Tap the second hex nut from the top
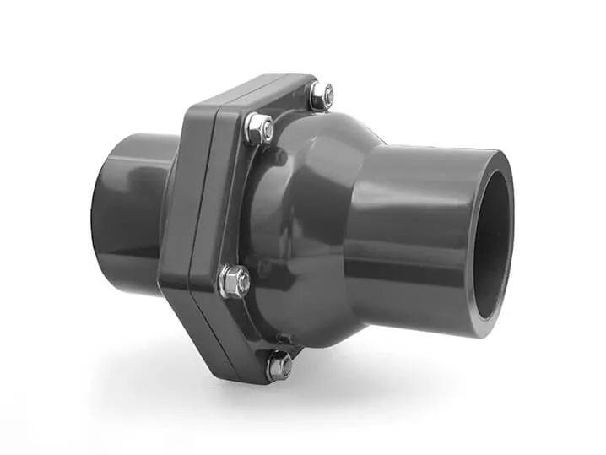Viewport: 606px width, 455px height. [x=259, y=129]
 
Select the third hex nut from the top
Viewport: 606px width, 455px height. [x=235, y=281]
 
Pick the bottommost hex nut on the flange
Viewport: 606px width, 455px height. [x=279, y=366]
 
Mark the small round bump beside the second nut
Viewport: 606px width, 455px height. [x=275, y=157]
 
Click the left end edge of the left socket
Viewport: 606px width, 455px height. [x=95, y=211]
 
